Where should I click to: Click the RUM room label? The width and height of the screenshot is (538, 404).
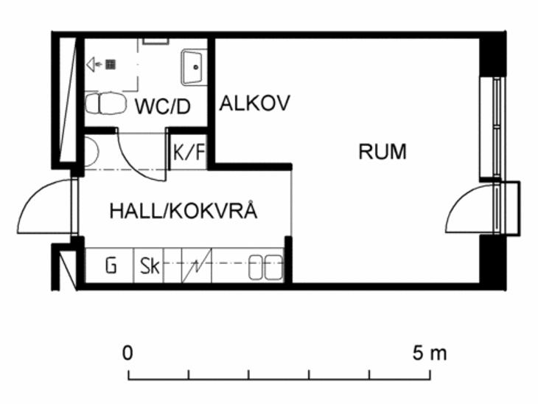(x=382, y=152)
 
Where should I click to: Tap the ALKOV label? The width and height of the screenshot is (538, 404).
(x=254, y=103)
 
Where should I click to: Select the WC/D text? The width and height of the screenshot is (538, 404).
(x=162, y=106)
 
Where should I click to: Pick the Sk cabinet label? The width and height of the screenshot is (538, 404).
(x=150, y=265)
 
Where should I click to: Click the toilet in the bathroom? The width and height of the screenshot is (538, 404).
(x=105, y=103)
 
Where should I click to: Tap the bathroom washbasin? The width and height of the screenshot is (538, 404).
(x=192, y=67)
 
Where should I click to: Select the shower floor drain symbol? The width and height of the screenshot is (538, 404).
(x=111, y=64)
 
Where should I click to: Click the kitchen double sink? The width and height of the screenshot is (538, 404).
(x=265, y=267)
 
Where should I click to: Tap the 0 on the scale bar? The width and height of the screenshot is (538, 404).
(x=127, y=353)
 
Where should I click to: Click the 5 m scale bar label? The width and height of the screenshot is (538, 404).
(x=430, y=353)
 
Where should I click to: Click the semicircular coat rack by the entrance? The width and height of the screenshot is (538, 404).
(x=91, y=151)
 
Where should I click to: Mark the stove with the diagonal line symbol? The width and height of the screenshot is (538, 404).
(x=197, y=265)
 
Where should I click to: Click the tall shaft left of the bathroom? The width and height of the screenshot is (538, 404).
(x=68, y=100)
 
